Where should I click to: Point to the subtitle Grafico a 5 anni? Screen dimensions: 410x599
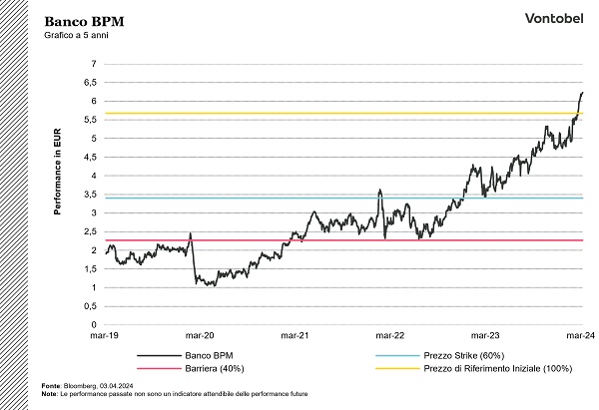[75, 36]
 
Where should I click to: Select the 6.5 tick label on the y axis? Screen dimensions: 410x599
[90, 83]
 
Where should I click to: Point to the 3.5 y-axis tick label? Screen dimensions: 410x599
[90, 195]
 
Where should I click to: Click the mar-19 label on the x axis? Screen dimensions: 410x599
[105, 336]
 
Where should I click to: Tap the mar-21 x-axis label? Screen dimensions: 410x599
[295, 336]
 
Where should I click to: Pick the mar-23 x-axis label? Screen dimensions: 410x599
[485, 336]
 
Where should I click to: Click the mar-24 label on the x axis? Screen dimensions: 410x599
[580, 336]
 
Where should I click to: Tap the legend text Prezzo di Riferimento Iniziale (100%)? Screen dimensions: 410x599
[496, 368]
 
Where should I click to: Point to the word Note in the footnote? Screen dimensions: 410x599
[50, 393]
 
